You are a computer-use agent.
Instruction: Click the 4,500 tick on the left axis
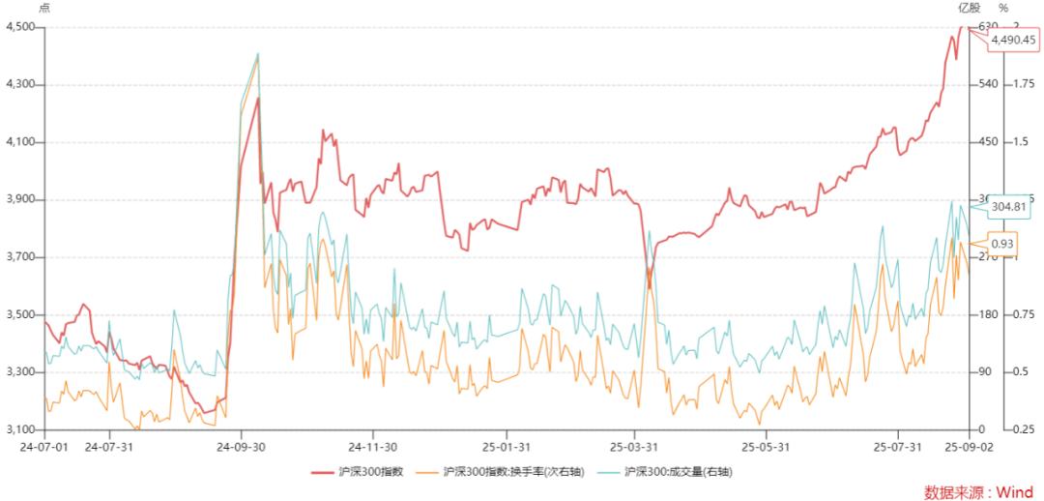[x=20, y=27]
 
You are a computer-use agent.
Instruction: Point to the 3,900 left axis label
[x=20, y=199]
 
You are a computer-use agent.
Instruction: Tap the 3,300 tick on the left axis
[x=20, y=372]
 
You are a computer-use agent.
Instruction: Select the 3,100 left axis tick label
[x=20, y=429]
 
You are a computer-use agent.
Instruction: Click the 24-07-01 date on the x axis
[x=44, y=446]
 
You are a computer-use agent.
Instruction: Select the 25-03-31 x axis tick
[x=633, y=446]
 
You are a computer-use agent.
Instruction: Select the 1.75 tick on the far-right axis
[x=1024, y=85]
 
